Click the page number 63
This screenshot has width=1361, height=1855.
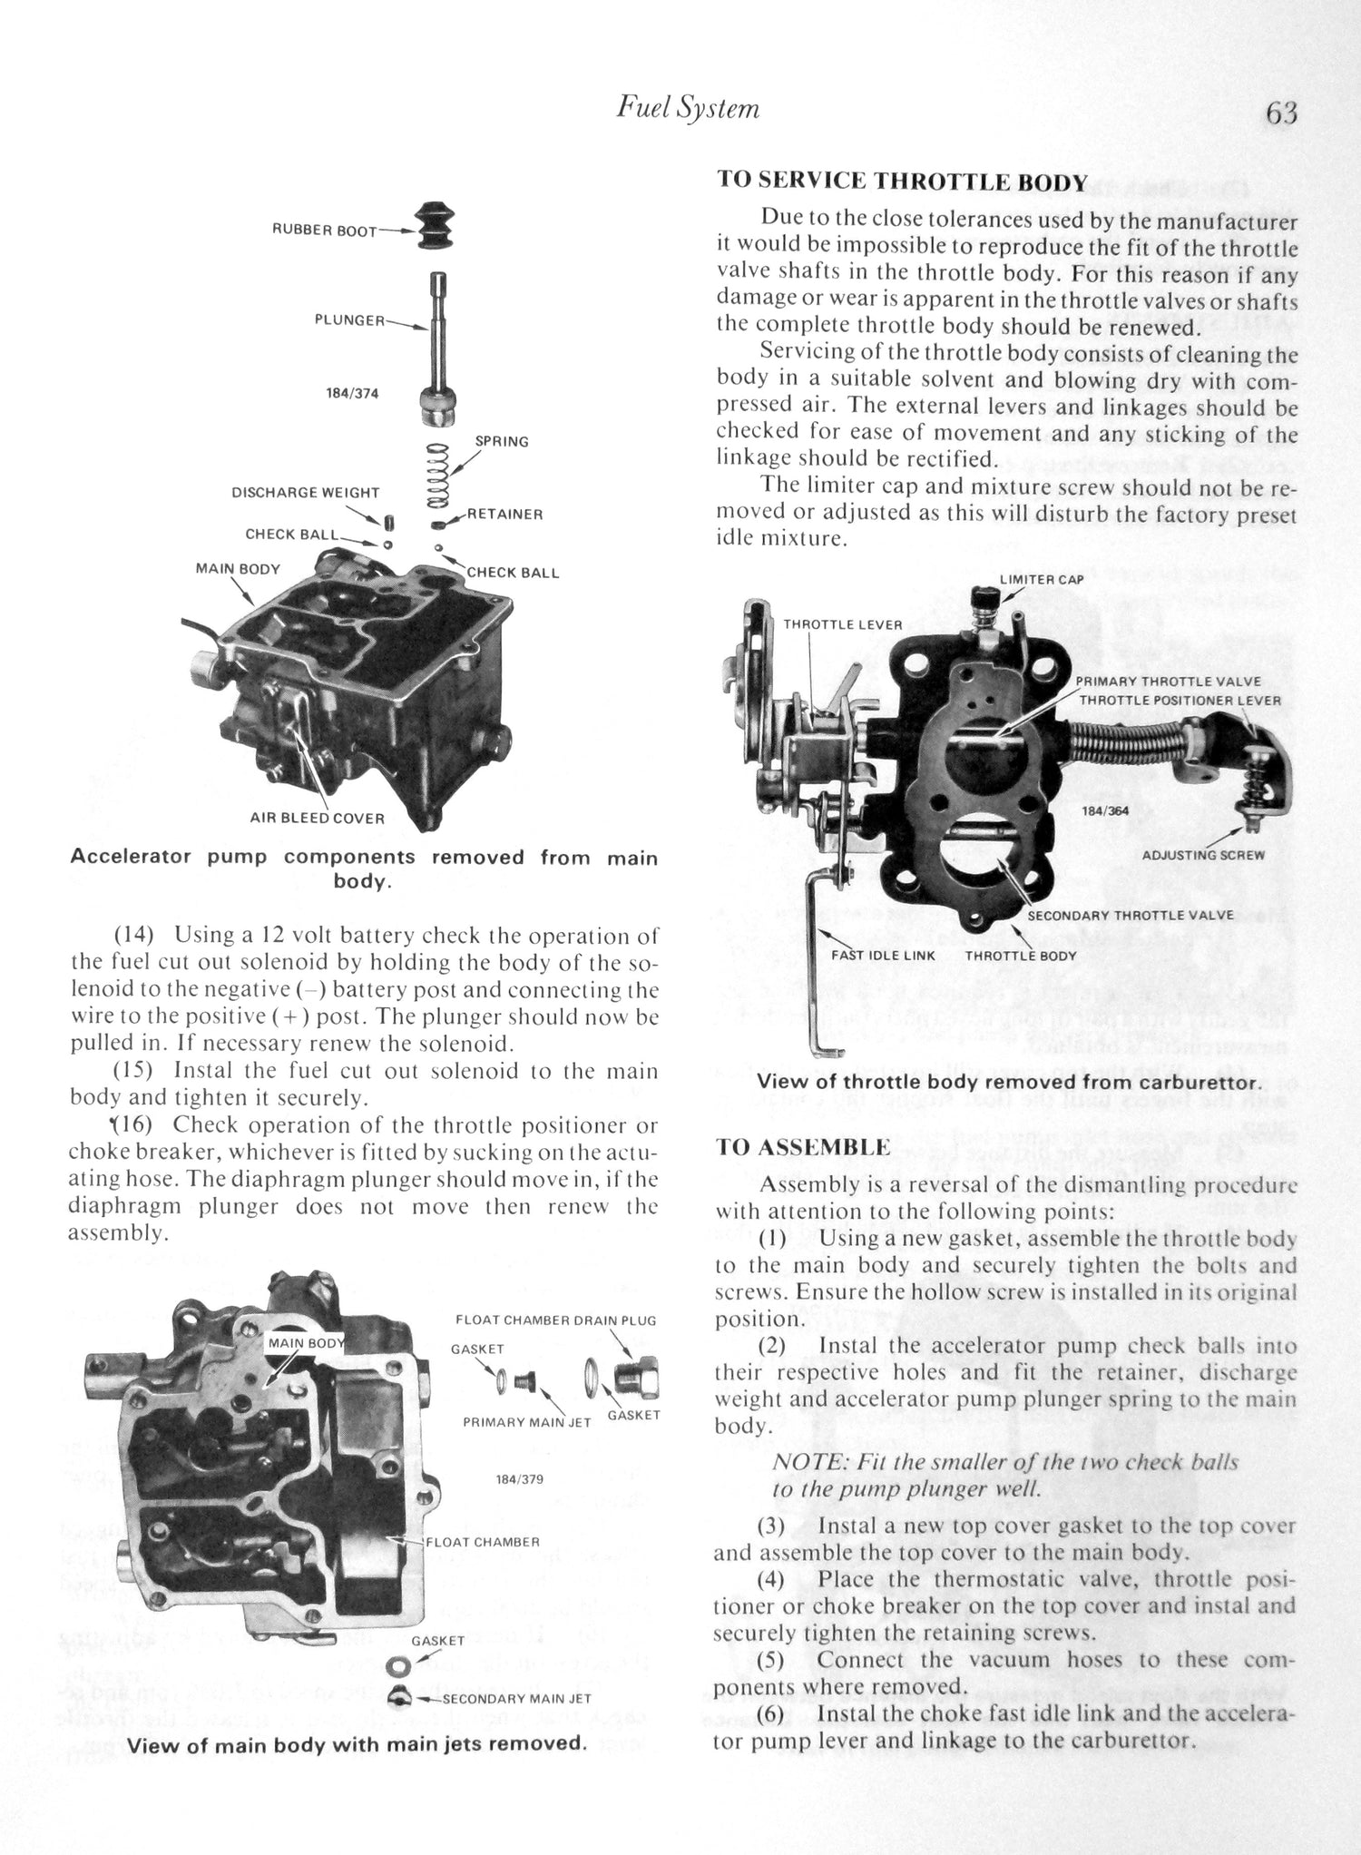pos(1281,114)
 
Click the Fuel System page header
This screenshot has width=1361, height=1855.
pos(688,108)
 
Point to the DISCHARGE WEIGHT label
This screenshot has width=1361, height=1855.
pos(305,493)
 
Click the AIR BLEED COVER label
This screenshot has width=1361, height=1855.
pos(317,818)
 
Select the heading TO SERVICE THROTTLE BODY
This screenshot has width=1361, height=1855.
pos(902,181)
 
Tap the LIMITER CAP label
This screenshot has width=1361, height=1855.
pos(1041,579)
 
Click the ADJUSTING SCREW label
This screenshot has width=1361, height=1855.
pos(1202,855)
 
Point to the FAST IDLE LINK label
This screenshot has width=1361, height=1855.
pos(883,955)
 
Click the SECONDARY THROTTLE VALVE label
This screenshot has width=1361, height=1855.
pos(1130,915)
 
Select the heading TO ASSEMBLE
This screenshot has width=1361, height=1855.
pos(803,1146)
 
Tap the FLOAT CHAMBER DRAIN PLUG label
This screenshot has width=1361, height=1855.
pos(555,1320)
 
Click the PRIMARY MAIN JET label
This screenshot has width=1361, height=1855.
pos(526,1422)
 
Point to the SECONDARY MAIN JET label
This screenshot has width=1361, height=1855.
pos(516,1698)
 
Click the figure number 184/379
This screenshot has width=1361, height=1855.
pos(519,1478)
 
